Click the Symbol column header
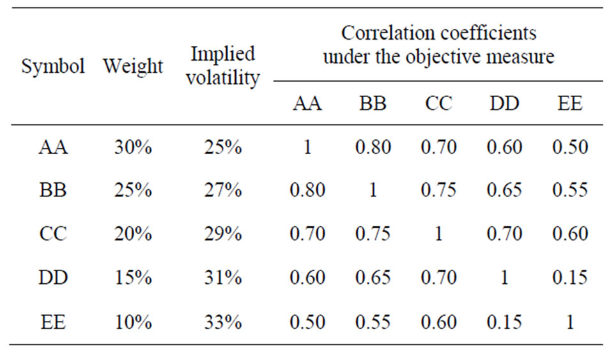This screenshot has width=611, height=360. tap(53, 67)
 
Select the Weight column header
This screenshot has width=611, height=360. tap(133, 67)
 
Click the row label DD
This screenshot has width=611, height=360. tap(53, 278)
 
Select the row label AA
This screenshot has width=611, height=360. tap(53, 148)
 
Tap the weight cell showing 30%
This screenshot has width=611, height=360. tap(133, 148)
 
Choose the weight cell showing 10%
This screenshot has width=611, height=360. tap(133, 322)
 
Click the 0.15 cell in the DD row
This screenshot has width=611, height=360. tap(569, 278)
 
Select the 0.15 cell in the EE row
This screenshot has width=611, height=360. tap(504, 322)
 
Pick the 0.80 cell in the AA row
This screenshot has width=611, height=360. tap(373, 148)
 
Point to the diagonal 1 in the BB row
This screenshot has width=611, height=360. tap(373, 191)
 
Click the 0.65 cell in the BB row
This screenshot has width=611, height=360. tap(504, 191)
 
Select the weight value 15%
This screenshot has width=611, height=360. tap(133, 278)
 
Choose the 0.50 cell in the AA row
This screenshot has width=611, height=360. tap(569, 148)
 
